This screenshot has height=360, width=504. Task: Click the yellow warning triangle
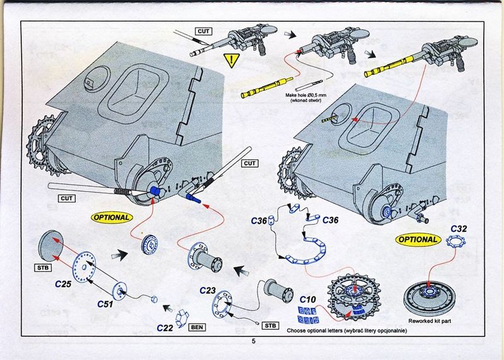[231, 60]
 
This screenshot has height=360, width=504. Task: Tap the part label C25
[63, 284]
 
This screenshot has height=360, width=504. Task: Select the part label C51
[105, 304]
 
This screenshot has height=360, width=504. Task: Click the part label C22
[165, 328]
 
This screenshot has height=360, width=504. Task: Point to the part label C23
[208, 291]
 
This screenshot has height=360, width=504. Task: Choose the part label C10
[307, 299]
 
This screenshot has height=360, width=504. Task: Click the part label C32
[459, 229]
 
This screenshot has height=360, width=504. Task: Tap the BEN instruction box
[197, 327]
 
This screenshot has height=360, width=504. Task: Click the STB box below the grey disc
[43, 267]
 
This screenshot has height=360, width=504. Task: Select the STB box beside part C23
[270, 325]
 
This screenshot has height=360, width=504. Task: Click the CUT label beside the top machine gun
[203, 31]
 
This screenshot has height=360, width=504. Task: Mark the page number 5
[254, 341]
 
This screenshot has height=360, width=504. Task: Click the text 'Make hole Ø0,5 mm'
[306, 96]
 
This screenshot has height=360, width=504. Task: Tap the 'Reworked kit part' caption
[430, 321]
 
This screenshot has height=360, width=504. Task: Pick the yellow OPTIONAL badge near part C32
[418, 240]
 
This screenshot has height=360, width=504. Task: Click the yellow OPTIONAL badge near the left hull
[112, 218]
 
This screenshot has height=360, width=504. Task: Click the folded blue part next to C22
[182, 318]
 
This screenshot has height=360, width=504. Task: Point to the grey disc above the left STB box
[51, 246]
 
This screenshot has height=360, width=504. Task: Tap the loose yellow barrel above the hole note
[266, 87]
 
